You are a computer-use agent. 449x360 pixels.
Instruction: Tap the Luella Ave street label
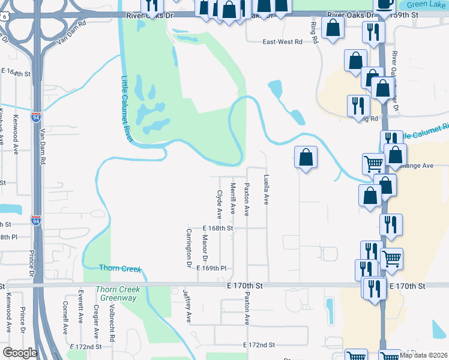click(266, 190)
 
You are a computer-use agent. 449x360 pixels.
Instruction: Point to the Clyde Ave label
click(219, 205)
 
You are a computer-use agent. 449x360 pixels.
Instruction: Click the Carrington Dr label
click(188, 247)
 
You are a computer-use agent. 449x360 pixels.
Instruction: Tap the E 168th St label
click(217, 229)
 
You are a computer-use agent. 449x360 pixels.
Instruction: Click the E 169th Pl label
click(211, 268)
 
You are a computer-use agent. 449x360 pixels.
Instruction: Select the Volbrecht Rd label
click(112, 324)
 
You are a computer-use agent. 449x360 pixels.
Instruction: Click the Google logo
click(19, 353)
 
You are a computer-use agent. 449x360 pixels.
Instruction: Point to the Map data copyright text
click(423, 355)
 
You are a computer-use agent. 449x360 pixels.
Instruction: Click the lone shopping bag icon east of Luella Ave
click(306, 158)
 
